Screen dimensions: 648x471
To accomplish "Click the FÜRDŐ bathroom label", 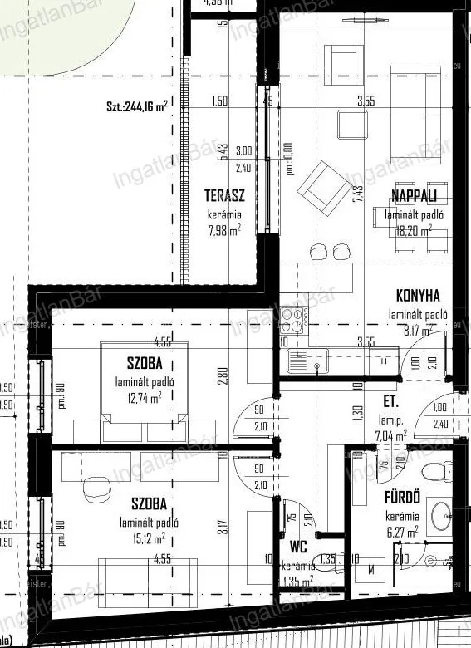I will pos(401,498).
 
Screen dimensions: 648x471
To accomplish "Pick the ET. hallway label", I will pos(390,400).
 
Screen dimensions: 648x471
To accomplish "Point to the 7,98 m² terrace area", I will pos(223,229).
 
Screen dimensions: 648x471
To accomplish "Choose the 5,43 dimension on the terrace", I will pos(222,152).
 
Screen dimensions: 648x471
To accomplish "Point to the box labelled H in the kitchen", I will pos(384,361).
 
